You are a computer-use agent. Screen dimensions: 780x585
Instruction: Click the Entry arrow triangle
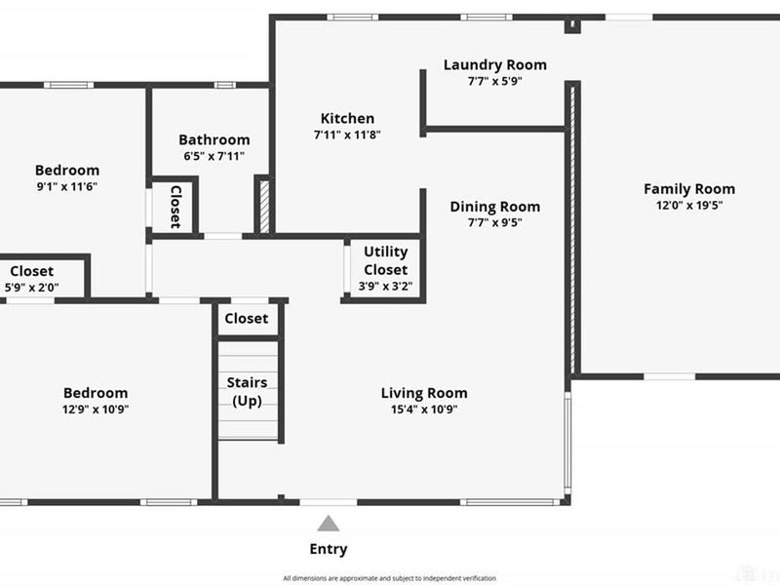[x=329, y=524]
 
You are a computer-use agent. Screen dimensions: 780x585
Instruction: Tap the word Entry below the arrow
[x=329, y=549]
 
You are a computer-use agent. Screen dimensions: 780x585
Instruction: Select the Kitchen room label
[x=347, y=118]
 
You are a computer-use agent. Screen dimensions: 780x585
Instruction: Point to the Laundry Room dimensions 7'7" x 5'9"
[x=495, y=81]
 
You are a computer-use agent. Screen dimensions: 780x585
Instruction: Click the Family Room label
[x=689, y=189]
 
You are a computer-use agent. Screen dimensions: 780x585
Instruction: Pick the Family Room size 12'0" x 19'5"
[x=689, y=205]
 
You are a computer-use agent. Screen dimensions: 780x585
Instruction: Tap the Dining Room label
[x=495, y=207]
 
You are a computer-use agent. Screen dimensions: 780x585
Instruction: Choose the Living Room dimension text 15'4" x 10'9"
[x=424, y=409]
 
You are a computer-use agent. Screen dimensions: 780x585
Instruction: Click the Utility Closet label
[x=385, y=260]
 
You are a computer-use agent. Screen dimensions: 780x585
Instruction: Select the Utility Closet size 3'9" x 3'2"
[x=385, y=286]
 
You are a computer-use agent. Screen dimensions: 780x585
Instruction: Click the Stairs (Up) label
[x=248, y=392]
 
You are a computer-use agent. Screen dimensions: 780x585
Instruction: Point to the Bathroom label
[x=214, y=139]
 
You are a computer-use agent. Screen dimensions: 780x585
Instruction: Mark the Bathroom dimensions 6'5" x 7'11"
[x=214, y=156]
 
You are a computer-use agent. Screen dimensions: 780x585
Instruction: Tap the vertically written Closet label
[x=175, y=207]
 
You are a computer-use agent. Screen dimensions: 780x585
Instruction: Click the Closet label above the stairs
[x=247, y=319]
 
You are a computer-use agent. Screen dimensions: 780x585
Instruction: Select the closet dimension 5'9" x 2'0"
[x=32, y=288]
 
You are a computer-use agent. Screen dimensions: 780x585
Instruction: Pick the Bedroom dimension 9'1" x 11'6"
[x=67, y=186]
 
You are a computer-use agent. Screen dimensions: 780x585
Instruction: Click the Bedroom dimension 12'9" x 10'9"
[x=96, y=409]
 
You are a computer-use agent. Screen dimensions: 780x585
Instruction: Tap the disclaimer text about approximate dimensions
[x=389, y=578]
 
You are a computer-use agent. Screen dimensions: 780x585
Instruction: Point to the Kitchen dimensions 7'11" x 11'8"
[x=347, y=135]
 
